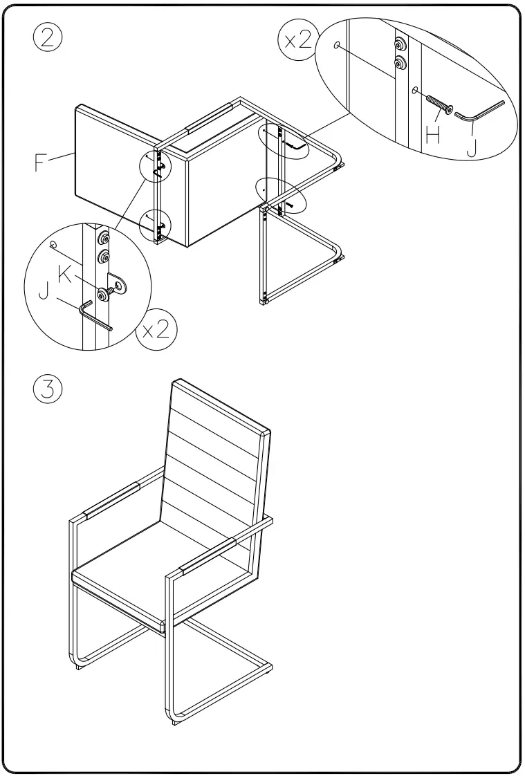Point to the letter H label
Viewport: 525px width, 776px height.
[x=434, y=134]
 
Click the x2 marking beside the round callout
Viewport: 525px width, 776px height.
[x=156, y=329]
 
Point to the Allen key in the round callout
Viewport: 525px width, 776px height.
[x=96, y=315]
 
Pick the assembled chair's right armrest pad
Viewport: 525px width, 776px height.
[x=208, y=557]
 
